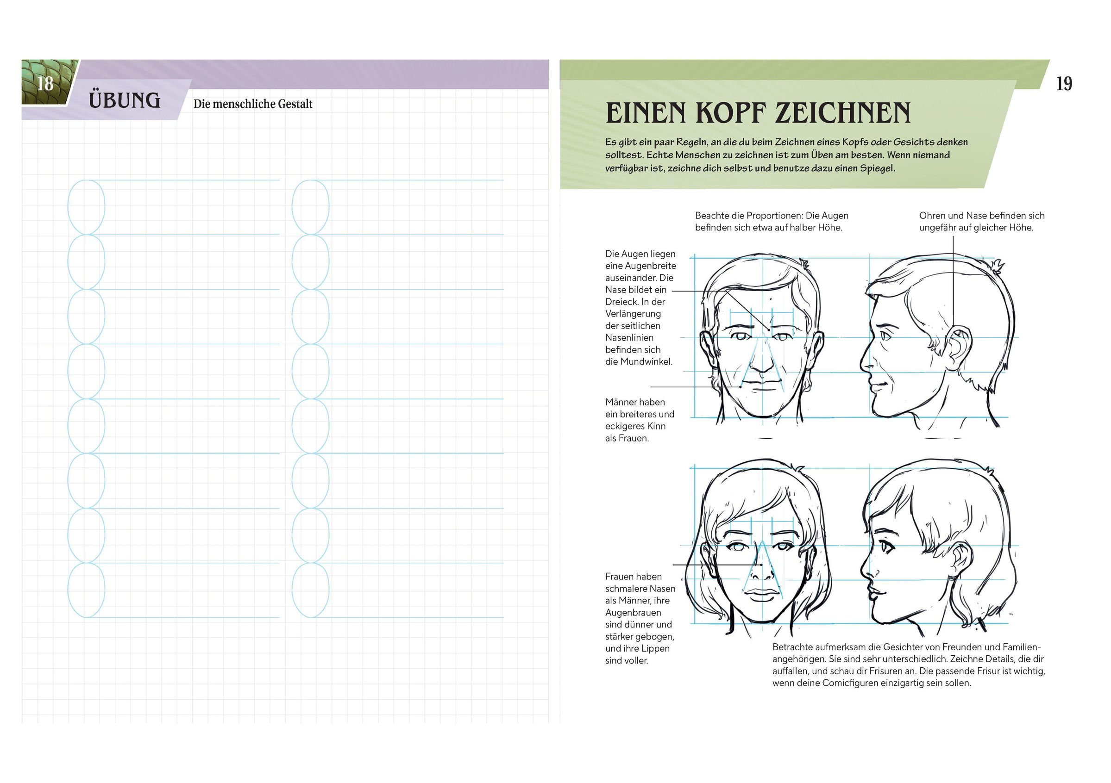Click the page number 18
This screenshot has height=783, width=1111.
pyautogui.click(x=45, y=84)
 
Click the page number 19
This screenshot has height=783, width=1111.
pyautogui.click(x=1064, y=84)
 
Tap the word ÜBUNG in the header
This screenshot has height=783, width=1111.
pyautogui.click(x=125, y=100)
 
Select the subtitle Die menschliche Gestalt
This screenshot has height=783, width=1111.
pyautogui.click(x=253, y=104)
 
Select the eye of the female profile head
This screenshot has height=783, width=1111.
pyautogui.click(x=887, y=548)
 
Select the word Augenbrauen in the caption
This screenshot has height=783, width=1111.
pyautogui.click(x=634, y=613)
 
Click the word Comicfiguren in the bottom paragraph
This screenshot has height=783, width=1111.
pyautogui.click(x=868, y=684)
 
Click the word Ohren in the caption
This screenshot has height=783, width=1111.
pyautogui.click(x=932, y=216)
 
